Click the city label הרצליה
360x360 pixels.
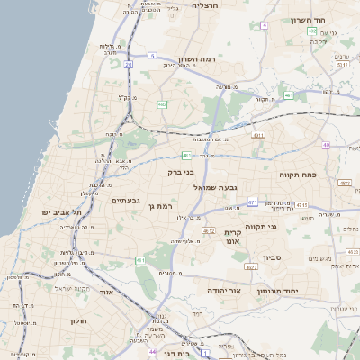click(x=207, y=5)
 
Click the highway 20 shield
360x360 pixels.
click(x=129, y=65)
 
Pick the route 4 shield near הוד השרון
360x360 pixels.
click(x=264, y=25)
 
